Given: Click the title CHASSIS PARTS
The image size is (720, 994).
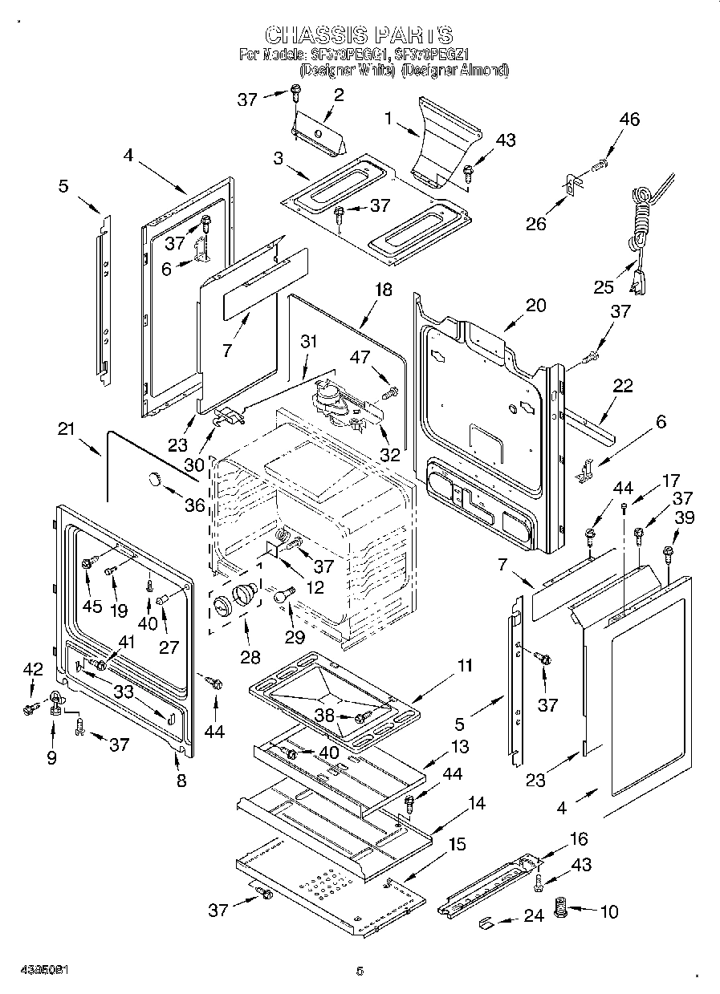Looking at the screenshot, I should tap(359, 35).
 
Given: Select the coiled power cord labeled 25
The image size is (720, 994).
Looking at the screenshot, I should tap(643, 221).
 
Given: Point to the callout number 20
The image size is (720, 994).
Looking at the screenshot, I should tap(535, 306).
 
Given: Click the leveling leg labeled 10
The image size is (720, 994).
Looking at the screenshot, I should tap(561, 911).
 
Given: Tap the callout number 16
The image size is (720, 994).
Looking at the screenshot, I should tap(578, 839).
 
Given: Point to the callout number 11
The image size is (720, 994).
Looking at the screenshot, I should tap(464, 665).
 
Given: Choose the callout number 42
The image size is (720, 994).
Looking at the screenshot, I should tap(31, 667).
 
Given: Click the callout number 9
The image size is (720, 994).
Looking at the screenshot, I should tap(51, 757).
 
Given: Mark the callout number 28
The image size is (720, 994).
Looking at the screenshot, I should tap(250, 657).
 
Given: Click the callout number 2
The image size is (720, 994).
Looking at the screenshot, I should tap(338, 95).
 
